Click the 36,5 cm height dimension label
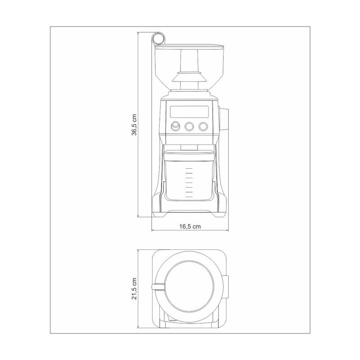134,125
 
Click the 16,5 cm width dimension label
190,227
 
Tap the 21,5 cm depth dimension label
134,288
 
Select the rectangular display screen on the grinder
189,112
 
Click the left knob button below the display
175,126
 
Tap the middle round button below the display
189,126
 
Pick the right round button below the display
203,126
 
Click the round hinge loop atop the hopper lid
158,38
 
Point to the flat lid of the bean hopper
189,47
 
